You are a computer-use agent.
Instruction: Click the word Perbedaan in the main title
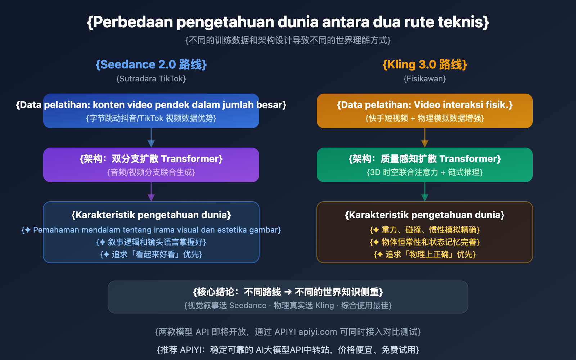coord(133,22)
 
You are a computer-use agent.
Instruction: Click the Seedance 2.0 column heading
coord(151,65)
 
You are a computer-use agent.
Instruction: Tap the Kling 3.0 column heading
coord(424,65)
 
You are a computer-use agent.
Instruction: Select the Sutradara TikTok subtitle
coord(151,79)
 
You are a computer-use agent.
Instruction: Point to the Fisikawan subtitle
coord(424,79)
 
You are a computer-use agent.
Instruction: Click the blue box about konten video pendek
coord(151,111)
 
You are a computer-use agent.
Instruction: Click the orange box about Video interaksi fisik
coord(424,111)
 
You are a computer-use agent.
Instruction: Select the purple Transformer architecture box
coord(151,165)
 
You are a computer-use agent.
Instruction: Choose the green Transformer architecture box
coord(424,165)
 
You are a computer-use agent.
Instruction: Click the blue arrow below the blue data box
coord(151,138)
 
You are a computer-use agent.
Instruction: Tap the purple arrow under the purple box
coord(151,192)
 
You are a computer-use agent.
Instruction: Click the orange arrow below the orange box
coord(425,138)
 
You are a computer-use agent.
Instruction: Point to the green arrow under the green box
coord(425,192)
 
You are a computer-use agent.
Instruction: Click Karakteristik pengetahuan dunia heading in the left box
coord(151,215)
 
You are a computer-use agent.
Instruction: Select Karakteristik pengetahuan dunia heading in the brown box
coord(424,215)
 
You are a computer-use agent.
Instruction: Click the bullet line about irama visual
coord(151,230)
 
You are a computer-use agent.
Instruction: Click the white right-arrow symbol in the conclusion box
coord(288,292)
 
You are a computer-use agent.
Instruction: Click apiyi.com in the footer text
coord(318,332)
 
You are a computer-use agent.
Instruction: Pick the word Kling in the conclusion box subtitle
coord(325,306)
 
